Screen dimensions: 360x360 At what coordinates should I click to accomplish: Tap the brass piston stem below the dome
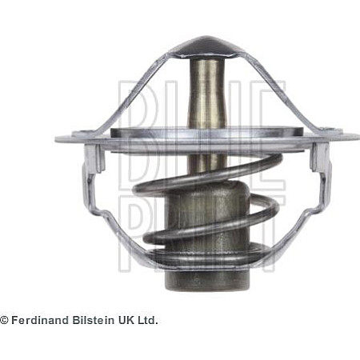click(206, 94)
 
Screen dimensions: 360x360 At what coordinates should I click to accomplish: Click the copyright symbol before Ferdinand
click(4, 320)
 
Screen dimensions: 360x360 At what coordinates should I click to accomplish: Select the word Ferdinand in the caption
click(41, 320)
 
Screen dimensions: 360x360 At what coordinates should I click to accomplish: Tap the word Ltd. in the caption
click(147, 320)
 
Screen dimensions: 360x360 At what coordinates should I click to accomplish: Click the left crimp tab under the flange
click(93, 158)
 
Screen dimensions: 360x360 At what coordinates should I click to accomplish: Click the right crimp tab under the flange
click(321, 158)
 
